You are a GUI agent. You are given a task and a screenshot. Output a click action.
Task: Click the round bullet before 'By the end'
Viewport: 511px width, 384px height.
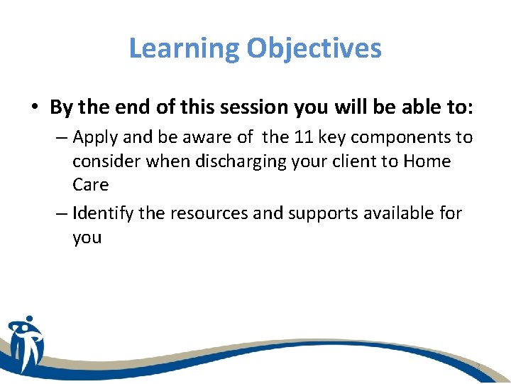pyautogui.click(x=35, y=107)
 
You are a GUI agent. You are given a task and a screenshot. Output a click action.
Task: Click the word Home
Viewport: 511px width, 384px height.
pyautogui.click(x=427, y=161)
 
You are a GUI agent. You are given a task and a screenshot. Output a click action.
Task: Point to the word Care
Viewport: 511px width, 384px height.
pyautogui.click(x=90, y=185)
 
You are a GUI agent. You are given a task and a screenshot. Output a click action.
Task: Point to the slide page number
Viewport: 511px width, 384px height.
pyautogui.click(x=478, y=366)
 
